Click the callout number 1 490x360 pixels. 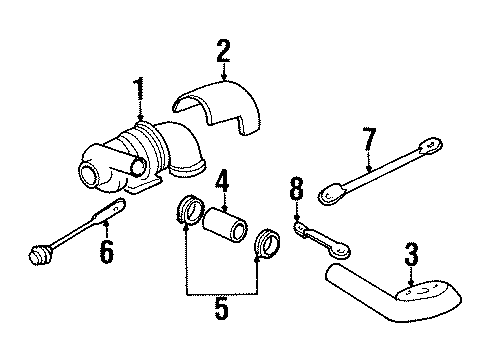click(x=138, y=93)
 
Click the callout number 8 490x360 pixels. click(x=295, y=188)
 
